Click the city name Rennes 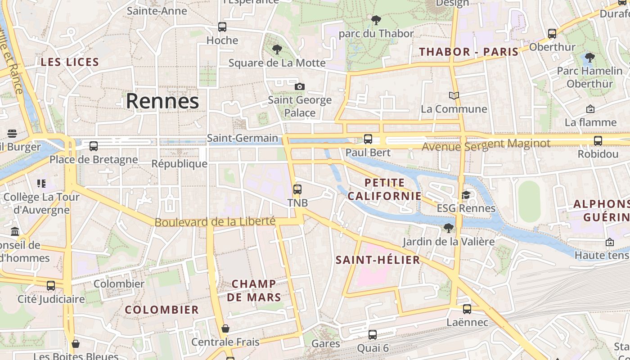coord(162,101)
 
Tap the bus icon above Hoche coord(222,27)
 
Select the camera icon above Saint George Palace coord(300,86)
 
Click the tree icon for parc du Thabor coord(376,20)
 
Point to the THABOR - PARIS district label coord(468,52)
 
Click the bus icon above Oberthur coord(552,33)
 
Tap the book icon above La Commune coord(454,95)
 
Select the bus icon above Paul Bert coord(368,139)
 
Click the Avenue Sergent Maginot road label coord(486,145)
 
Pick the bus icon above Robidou coord(598,141)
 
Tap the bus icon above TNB coord(297,189)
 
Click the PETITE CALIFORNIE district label coord(385,189)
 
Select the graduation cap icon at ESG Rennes coord(466,195)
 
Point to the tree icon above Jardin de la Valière coord(448,228)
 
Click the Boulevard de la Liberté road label coord(215,222)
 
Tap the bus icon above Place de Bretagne coord(94,146)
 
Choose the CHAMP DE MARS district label coord(254,290)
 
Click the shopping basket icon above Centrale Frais coord(225,328)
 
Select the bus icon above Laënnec coord(467,309)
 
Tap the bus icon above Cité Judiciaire coord(51,286)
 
